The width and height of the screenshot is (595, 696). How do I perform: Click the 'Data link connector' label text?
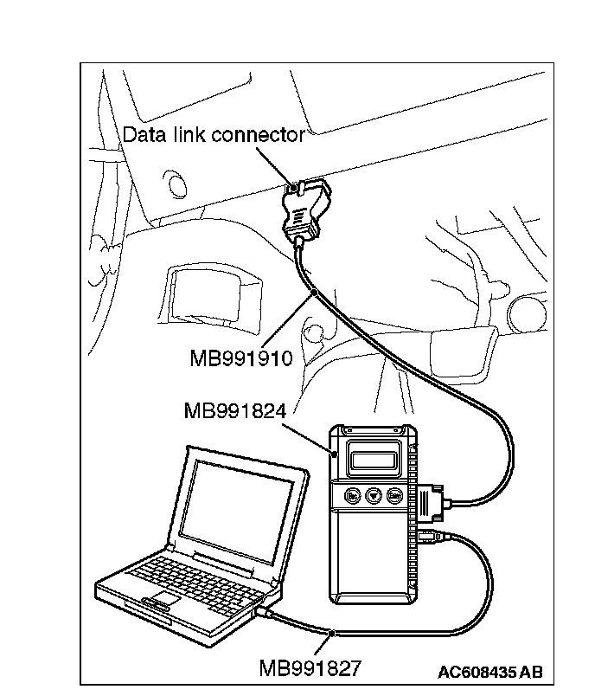click(x=213, y=135)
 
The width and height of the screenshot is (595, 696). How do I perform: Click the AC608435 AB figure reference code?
click(x=489, y=672)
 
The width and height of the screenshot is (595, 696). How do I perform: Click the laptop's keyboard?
click(x=185, y=576)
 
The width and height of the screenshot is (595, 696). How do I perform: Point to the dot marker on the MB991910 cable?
click(x=315, y=297)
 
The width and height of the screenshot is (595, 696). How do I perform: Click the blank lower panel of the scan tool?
click(x=372, y=554)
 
